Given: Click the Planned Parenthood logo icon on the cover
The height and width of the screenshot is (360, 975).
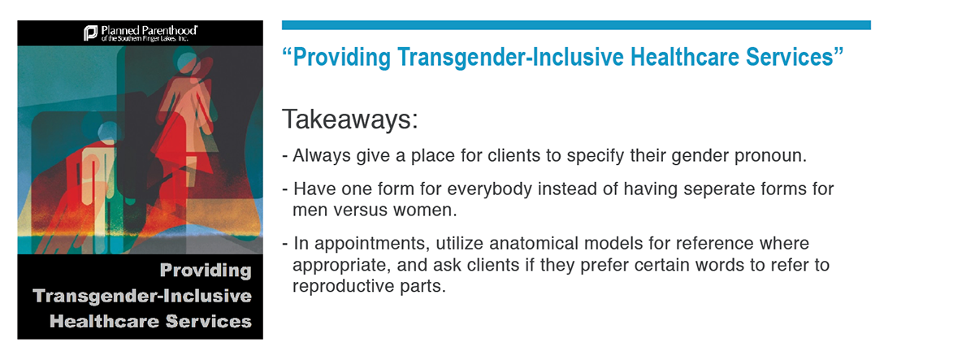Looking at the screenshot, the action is click(90, 33).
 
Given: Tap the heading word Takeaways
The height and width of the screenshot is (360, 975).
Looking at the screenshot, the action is click(350, 119).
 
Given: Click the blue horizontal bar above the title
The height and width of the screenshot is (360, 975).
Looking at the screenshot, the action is click(576, 25).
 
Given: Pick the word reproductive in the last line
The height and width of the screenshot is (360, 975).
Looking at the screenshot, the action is click(343, 286).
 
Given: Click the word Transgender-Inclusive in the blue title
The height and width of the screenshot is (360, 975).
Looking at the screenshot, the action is click(510, 58).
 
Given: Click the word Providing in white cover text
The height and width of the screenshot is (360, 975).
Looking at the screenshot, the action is click(206, 271).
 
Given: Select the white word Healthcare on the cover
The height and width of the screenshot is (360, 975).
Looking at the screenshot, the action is click(105, 321).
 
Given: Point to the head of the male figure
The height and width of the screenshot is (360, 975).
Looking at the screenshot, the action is click(107, 132).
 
